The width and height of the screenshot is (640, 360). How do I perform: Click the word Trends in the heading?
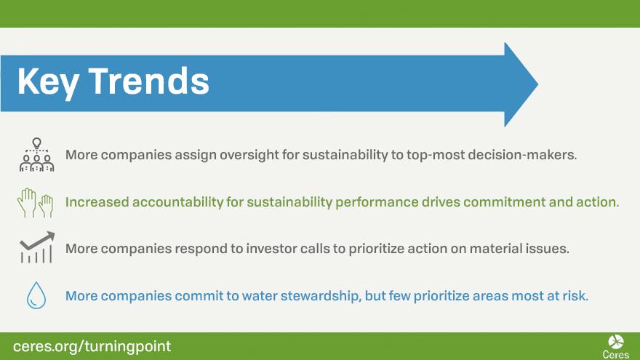coord(149,81)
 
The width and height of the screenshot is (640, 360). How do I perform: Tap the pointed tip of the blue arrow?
coord(537,84)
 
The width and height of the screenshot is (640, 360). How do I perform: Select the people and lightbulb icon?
coord(37,155)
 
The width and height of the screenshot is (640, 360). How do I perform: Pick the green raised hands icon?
coord(36,202)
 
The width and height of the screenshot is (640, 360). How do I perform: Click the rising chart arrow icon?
coord(37,247)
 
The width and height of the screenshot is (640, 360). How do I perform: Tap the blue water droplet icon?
coord(36,295)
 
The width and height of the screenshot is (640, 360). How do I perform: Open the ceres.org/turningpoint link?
coord(92,346)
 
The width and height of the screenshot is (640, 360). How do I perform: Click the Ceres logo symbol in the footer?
coord(615,342)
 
